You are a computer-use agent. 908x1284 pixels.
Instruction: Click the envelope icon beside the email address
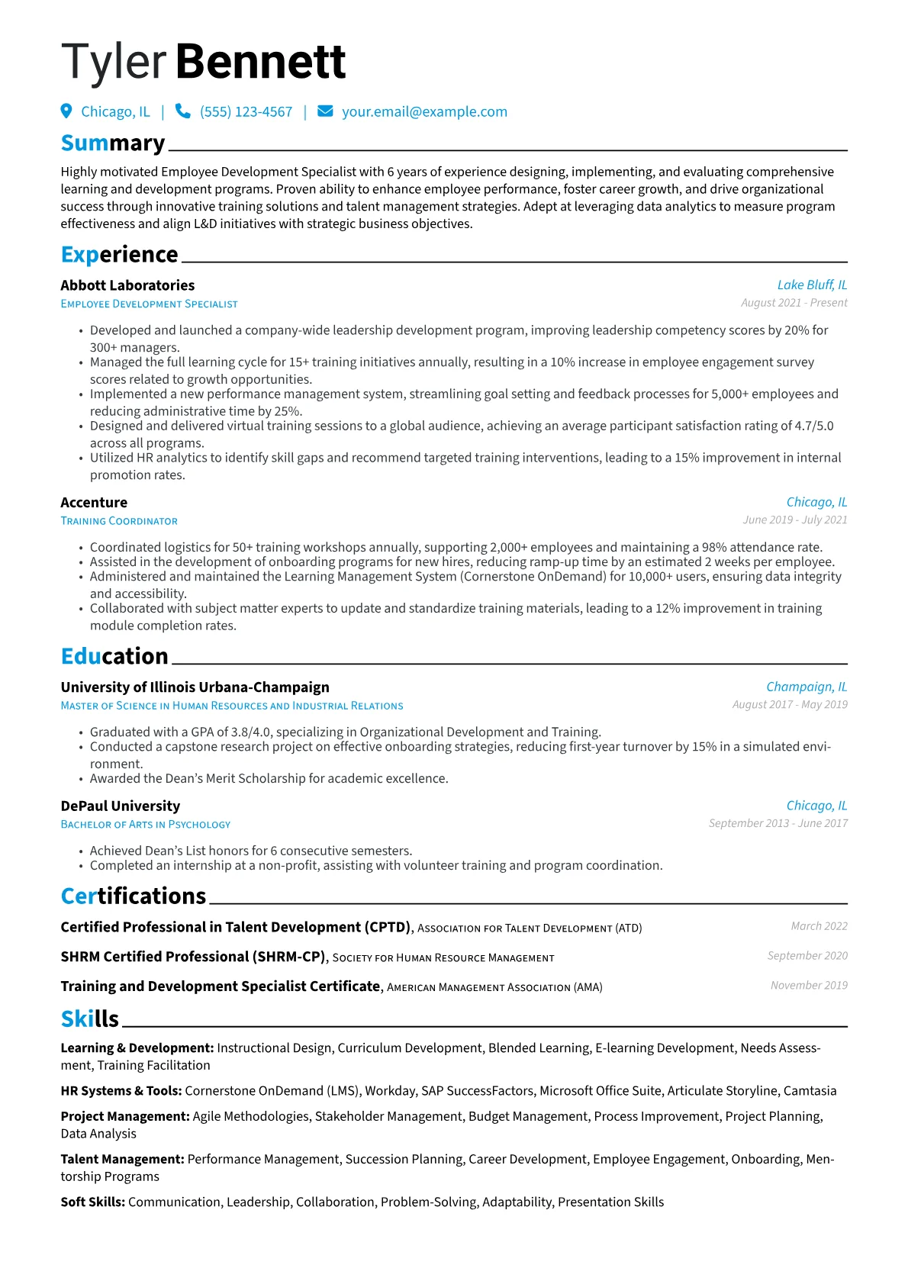tap(325, 111)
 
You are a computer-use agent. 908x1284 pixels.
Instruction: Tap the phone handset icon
tap(182, 111)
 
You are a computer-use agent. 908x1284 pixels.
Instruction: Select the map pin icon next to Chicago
tap(66, 111)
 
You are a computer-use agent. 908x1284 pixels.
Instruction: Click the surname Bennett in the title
tap(260, 62)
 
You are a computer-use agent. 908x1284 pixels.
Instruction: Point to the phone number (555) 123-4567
tap(246, 112)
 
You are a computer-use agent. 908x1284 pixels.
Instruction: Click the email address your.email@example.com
tap(424, 112)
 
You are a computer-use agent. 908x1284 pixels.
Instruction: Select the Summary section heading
tap(113, 143)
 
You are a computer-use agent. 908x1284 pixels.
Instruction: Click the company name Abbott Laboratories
tap(127, 285)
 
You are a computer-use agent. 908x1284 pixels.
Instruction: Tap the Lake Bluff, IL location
tap(812, 285)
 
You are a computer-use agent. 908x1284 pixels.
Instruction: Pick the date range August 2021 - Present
tap(794, 303)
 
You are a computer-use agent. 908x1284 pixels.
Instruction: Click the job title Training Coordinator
tap(119, 521)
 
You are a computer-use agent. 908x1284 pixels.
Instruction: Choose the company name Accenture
tap(94, 503)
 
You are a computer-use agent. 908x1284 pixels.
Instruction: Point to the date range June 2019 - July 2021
tap(795, 520)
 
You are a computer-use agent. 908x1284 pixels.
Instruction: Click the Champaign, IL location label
tap(807, 687)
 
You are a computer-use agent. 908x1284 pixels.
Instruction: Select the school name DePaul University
tap(121, 806)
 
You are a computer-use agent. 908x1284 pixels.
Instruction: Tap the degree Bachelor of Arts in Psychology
tap(146, 825)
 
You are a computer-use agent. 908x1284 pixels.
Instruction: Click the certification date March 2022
tap(819, 926)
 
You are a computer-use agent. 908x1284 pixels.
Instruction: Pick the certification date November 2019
tap(809, 986)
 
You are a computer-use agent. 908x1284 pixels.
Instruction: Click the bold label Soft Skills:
tap(93, 1202)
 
